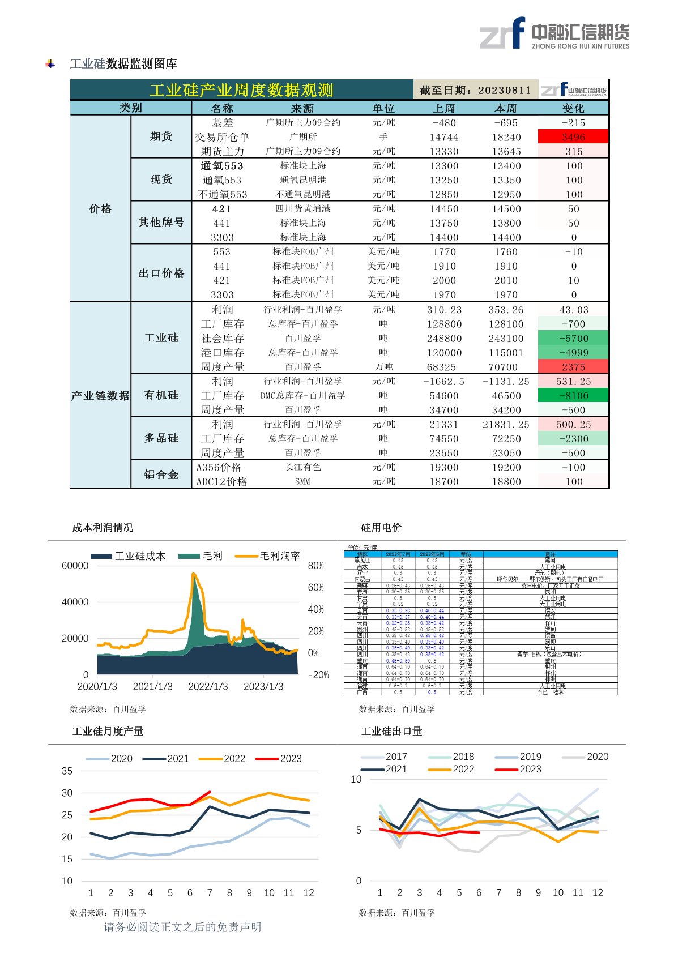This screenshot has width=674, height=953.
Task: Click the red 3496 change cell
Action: (x=573, y=137)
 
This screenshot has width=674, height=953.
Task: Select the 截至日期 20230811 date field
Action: (x=475, y=90)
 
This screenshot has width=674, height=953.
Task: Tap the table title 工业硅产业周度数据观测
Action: (x=241, y=90)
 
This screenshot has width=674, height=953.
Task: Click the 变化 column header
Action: (x=573, y=108)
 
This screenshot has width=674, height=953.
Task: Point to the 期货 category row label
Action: (x=161, y=136)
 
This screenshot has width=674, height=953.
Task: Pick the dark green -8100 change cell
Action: (x=573, y=395)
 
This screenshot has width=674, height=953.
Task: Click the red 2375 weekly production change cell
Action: (x=573, y=367)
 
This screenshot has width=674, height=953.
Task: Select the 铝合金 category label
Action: (x=161, y=475)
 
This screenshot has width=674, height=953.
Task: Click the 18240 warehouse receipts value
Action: (x=506, y=137)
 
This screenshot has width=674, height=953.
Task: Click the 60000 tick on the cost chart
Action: (x=75, y=566)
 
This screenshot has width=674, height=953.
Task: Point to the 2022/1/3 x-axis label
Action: (x=208, y=686)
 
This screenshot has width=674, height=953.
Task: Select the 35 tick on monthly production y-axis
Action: (x=67, y=771)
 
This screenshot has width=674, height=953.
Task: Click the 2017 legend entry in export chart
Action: (x=385, y=757)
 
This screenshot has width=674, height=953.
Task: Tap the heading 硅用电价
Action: (x=381, y=528)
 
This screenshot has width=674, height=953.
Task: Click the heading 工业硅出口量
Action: (x=392, y=732)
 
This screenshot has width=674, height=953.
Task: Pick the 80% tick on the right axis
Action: (x=315, y=566)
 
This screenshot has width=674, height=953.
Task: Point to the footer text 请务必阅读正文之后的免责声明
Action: (x=182, y=927)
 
